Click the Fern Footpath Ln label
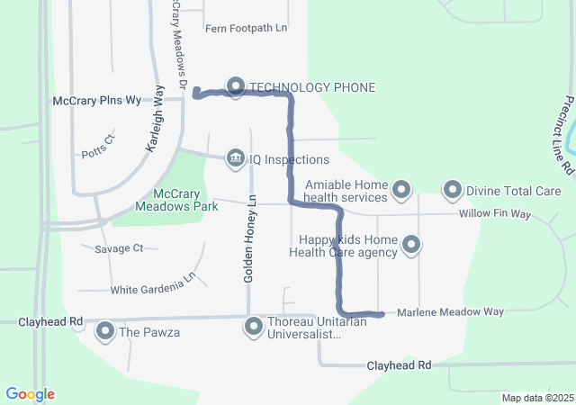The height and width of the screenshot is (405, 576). [x=246, y=28]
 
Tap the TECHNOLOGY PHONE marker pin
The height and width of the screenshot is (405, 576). [x=236, y=86]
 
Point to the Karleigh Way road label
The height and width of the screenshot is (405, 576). [x=154, y=118]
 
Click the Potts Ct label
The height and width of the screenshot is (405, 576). [x=98, y=139]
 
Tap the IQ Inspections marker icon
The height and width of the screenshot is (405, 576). [x=236, y=159]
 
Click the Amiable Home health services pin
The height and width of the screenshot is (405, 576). [x=402, y=191]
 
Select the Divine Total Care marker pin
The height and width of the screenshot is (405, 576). [x=453, y=191]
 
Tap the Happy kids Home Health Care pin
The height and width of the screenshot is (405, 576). [x=411, y=244]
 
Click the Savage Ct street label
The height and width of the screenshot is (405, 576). [x=119, y=247]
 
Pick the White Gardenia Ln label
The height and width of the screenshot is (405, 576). [x=152, y=290]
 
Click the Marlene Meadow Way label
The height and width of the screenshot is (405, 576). [x=450, y=311]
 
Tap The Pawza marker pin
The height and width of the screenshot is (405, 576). [x=105, y=332]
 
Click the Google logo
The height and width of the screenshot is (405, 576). [x=30, y=394]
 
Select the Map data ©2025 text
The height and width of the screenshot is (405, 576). [x=536, y=398]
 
